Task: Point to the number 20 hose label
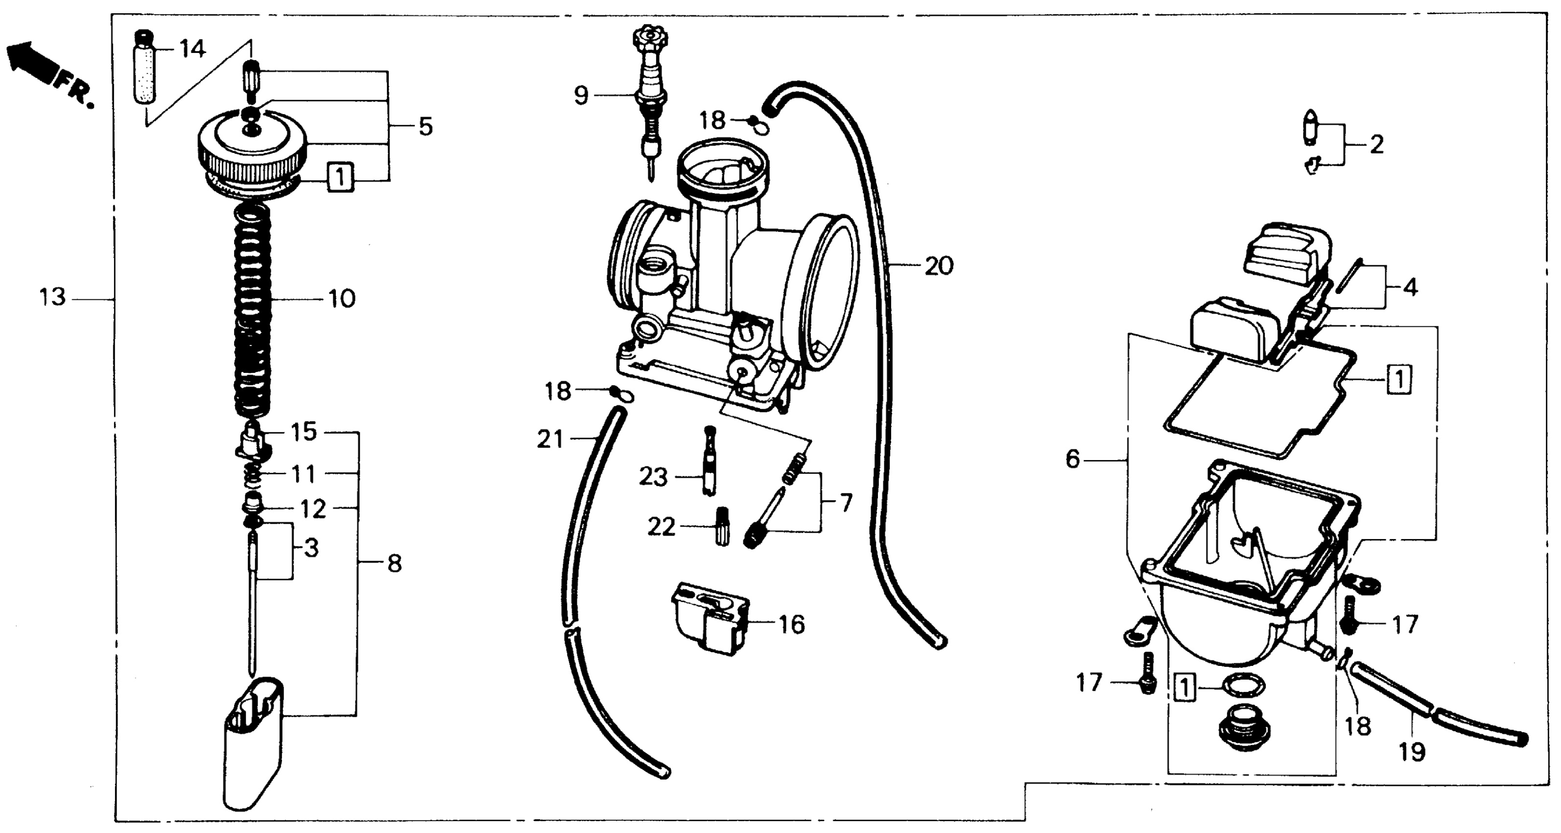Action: click(939, 266)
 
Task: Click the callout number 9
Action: click(581, 96)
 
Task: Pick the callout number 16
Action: click(791, 624)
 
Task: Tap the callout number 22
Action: click(661, 527)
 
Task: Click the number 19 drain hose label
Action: click(1412, 752)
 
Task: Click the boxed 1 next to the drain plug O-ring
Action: click(1185, 689)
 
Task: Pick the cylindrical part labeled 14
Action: click(145, 73)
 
